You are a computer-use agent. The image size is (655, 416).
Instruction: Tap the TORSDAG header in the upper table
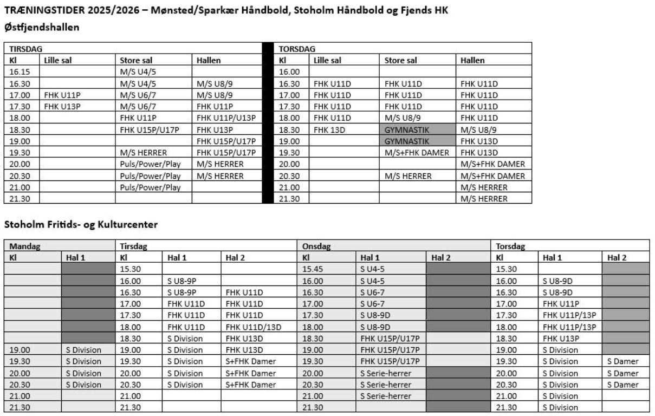[x=297, y=49]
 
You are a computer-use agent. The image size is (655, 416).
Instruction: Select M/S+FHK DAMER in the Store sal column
[x=417, y=153]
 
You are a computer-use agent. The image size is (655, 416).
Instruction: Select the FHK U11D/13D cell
[x=253, y=327]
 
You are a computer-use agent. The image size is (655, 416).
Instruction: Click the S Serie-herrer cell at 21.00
[x=385, y=396]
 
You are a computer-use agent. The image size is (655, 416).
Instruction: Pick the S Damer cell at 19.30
[x=622, y=361]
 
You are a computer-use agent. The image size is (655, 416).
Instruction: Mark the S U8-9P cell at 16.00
[x=181, y=281]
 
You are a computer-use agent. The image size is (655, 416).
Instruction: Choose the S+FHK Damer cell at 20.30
[x=251, y=385]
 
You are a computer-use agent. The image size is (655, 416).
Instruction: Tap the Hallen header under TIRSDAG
[x=209, y=61]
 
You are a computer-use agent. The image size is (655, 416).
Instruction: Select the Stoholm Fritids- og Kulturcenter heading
[x=81, y=223]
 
